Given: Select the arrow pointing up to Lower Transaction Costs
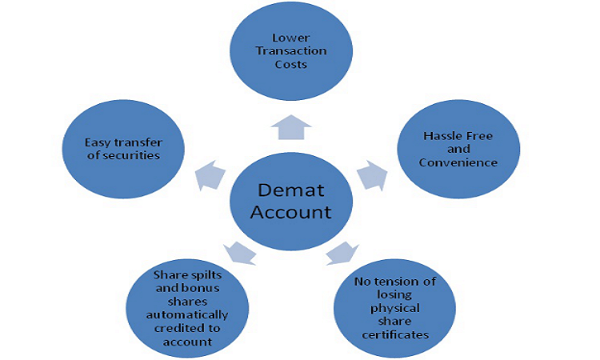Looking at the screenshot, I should [290, 125].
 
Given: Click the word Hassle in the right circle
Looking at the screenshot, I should [442, 135].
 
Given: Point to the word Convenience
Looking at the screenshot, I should [460, 162].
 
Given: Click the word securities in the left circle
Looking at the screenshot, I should [130, 155].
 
